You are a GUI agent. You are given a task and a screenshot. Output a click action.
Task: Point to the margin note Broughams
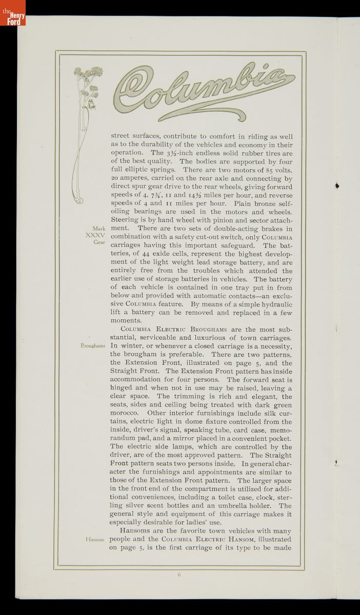click(x=93, y=345)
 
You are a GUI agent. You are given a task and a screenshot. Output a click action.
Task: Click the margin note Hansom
click(x=95, y=539)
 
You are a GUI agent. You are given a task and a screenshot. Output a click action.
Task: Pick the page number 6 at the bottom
click(x=179, y=574)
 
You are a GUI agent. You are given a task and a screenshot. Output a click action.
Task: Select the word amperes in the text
click(x=137, y=178)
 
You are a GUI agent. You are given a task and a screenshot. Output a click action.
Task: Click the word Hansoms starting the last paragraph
click(x=135, y=530)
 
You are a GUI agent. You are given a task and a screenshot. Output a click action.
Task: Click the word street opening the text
click(x=123, y=136)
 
